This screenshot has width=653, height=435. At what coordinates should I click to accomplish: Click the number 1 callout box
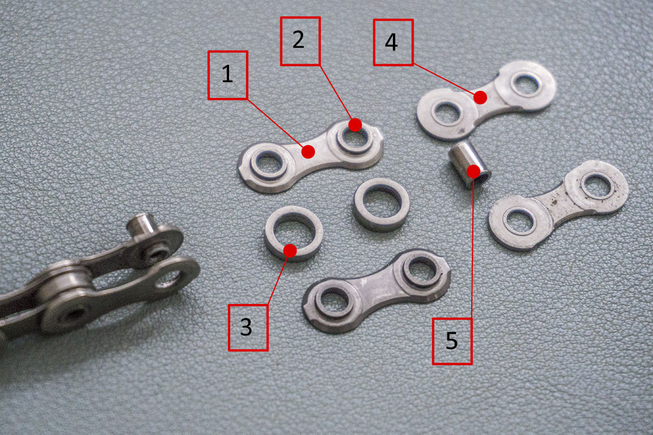point(227,75)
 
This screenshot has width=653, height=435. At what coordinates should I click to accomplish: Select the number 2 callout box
point(300,41)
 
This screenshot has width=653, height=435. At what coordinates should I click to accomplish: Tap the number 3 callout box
point(248,327)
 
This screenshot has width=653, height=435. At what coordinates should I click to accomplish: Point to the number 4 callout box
point(393,42)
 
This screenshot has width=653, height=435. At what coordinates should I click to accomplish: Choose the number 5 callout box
point(452,341)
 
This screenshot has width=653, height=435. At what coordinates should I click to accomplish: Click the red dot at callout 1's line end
point(308,152)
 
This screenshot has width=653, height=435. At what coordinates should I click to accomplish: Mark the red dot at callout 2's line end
point(355,125)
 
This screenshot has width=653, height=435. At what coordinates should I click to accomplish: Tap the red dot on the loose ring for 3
point(290,251)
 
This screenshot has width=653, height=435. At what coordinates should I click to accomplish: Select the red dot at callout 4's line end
point(480,97)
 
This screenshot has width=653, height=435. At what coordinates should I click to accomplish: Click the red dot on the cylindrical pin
point(473,171)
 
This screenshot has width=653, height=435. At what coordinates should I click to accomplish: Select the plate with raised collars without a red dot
point(377,291)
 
